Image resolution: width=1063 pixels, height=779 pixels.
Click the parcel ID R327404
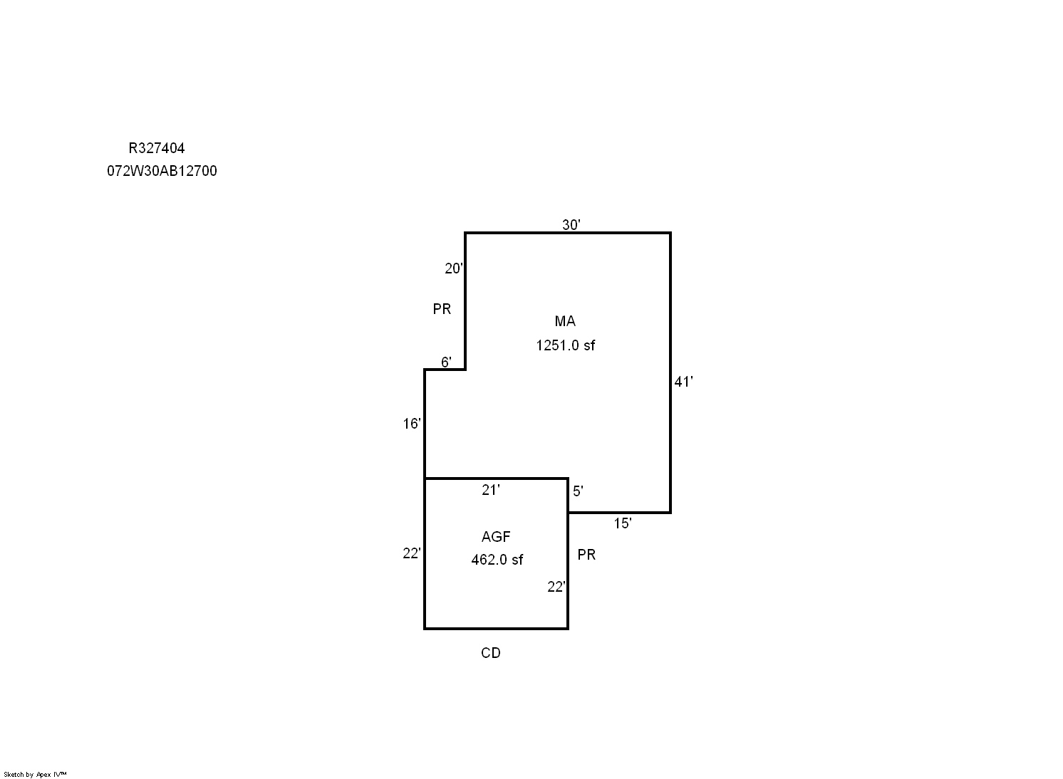[x=157, y=149]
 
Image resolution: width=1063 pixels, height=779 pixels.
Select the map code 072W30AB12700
[x=162, y=172]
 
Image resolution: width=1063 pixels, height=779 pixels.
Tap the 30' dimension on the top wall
[x=571, y=225]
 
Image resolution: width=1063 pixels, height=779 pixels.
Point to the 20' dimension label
[x=454, y=268]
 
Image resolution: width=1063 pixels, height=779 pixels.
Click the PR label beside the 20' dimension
[x=442, y=309]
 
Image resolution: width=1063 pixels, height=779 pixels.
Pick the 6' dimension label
[x=446, y=362]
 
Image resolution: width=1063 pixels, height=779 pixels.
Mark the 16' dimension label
[x=412, y=424]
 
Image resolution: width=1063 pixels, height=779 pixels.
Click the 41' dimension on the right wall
[x=684, y=382]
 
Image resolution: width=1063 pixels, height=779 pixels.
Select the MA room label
[x=565, y=322]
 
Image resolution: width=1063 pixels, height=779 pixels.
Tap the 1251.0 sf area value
[x=565, y=345]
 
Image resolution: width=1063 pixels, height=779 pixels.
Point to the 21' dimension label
[x=491, y=490]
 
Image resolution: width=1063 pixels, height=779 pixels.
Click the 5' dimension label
[x=578, y=491]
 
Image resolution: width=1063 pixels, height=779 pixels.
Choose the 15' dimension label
[x=623, y=523]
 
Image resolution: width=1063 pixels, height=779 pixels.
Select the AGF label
[x=496, y=537]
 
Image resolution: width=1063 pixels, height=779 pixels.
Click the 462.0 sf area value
[x=497, y=560]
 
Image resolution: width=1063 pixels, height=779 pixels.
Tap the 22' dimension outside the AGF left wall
[x=412, y=553]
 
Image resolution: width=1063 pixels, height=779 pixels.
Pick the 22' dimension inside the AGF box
[x=556, y=587]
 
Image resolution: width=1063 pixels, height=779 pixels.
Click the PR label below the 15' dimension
[x=586, y=555]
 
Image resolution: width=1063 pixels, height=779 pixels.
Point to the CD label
[x=491, y=653]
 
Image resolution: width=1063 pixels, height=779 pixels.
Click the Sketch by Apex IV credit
[x=35, y=775]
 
